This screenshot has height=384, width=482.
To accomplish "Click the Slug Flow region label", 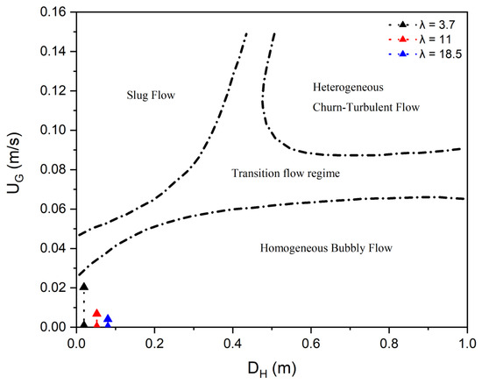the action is pyautogui.click(x=151, y=95).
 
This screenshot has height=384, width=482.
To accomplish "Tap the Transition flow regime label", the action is pyautogui.click(x=286, y=174).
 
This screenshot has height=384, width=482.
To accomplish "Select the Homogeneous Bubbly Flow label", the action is pyautogui.click(x=326, y=248).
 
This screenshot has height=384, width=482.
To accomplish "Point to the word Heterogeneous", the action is pyautogui.click(x=348, y=88).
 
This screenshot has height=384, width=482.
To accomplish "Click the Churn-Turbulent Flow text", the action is pyautogui.click(x=366, y=107).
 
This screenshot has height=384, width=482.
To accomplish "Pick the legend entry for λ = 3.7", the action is pyautogui.click(x=422, y=25).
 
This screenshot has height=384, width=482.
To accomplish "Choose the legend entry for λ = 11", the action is pyautogui.click(x=420, y=39).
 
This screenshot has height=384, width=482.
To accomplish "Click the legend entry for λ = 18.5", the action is pyautogui.click(x=425, y=54).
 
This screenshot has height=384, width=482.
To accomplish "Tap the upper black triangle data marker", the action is pyautogui.click(x=84, y=287).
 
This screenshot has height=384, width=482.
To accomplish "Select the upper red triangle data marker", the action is pyautogui.click(x=96, y=313).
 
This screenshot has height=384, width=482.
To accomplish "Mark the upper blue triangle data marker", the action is pyautogui.click(x=108, y=318).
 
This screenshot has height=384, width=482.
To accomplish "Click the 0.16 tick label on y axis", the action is pyautogui.click(x=53, y=12).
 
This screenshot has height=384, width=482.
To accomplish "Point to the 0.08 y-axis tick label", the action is pyautogui.click(x=53, y=169).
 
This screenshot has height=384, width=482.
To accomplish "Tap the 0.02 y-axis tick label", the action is pyautogui.click(x=53, y=288).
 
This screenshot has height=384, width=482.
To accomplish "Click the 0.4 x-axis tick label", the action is pyautogui.click(x=233, y=343).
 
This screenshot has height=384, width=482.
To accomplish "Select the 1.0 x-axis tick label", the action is pyautogui.click(x=467, y=343).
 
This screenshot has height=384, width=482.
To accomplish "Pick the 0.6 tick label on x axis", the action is pyautogui.click(x=311, y=343).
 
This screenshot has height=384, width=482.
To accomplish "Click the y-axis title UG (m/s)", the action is pyautogui.click(x=15, y=163).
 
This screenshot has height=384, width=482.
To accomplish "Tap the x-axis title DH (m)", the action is pyautogui.click(x=272, y=369).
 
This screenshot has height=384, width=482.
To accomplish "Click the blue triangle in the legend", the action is pyautogui.click(x=402, y=54).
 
